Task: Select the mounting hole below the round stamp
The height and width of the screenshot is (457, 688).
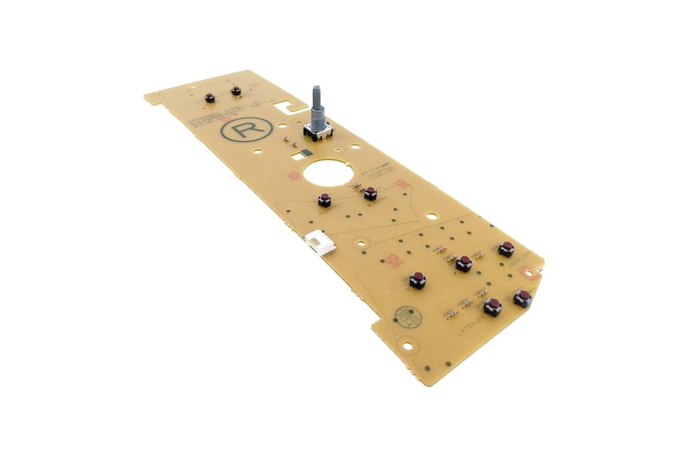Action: (x=408, y=349)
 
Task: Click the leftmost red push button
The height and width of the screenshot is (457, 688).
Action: (x=210, y=96)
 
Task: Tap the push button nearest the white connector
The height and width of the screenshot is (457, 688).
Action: (x=325, y=201)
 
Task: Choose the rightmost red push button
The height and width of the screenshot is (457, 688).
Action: (x=522, y=298)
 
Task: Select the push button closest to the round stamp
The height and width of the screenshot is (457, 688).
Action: (x=417, y=280)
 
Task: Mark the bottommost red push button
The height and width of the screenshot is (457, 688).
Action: (x=493, y=306)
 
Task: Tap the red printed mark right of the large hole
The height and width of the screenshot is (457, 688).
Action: (x=401, y=184)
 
